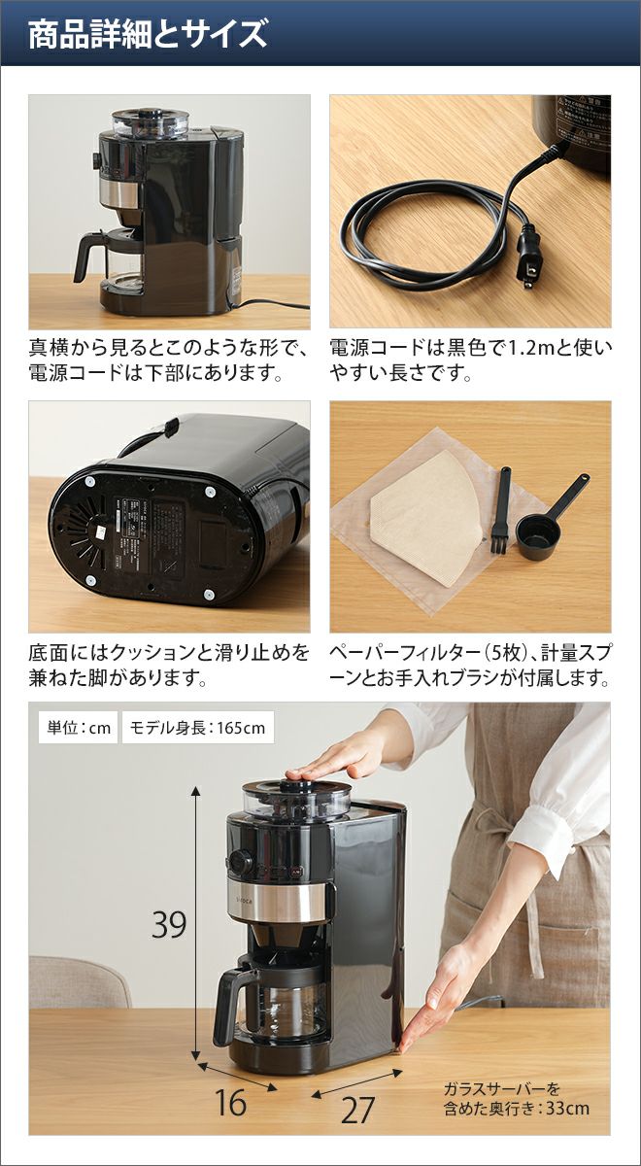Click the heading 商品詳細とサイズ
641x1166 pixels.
click(x=148, y=35)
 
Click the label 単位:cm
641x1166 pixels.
click(x=79, y=727)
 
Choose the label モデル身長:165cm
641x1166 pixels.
click(x=198, y=727)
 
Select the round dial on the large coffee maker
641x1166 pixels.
click(x=242, y=862)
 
